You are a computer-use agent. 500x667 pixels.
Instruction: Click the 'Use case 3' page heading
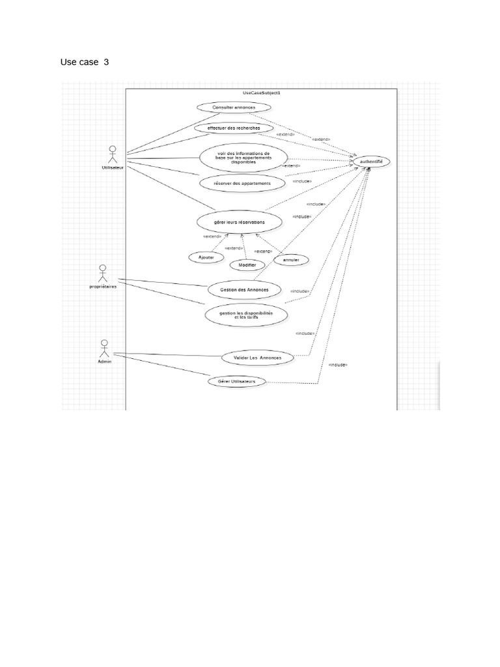click(x=85, y=62)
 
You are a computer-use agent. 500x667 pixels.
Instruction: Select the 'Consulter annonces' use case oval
click(x=233, y=107)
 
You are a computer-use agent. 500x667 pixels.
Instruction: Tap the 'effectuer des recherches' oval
click(x=233, y=128)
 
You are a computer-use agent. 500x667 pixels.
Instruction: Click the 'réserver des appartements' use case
click(x=233, y=184)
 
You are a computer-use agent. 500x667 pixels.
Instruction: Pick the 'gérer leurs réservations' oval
click(x=240, y=222)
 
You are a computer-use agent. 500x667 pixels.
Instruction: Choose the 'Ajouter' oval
click(x=206, y=257)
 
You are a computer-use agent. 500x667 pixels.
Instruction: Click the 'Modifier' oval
click(x=247, y=264)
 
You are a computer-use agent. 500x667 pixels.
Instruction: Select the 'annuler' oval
click(x=291, y=260)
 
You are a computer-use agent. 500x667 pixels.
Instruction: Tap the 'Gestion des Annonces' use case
click(x=240, y=289)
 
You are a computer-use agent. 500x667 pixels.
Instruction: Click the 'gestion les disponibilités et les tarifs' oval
click(x=246, y=315)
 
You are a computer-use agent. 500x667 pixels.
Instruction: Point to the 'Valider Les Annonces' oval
click(x=257, y=358)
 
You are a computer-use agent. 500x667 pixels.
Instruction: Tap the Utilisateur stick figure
click(x=112, y=154)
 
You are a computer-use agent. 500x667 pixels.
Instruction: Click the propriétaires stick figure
click(x=102, y=273)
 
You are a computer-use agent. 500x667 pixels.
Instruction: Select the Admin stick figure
click(x=104, y=347)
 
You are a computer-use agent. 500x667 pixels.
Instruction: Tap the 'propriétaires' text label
click(x=104, y=287)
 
